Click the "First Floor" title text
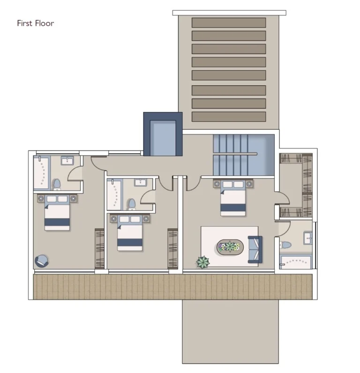(35, 23)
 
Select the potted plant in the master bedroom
(203, 262)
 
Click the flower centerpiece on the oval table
(230, 246)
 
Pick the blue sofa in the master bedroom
(255, 249)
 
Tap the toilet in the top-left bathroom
(56, 184)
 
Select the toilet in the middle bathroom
(132, 204)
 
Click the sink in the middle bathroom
(140, 183)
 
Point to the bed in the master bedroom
(233, 198)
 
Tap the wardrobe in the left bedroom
(99, 248)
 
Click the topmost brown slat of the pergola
(228, 22)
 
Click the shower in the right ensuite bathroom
(296, 261)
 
